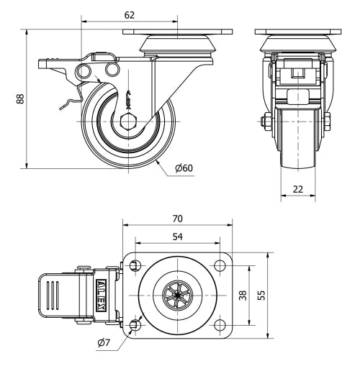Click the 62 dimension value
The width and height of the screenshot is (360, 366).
pos(130,15)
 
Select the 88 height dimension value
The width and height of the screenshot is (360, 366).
pos(21,99)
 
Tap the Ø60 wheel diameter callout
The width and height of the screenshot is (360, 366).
pos(184,168)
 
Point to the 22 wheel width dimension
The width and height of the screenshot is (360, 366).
pos(298,189)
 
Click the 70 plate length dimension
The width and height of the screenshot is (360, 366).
pos(177,219)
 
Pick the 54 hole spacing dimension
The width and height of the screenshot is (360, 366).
pos(178,237)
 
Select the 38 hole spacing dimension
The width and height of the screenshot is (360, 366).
pos(243,296)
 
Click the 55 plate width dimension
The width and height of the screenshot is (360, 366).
pos(261,296)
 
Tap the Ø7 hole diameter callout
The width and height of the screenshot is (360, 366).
pos(104,343)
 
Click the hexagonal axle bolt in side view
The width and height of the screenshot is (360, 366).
pos(128,122)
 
